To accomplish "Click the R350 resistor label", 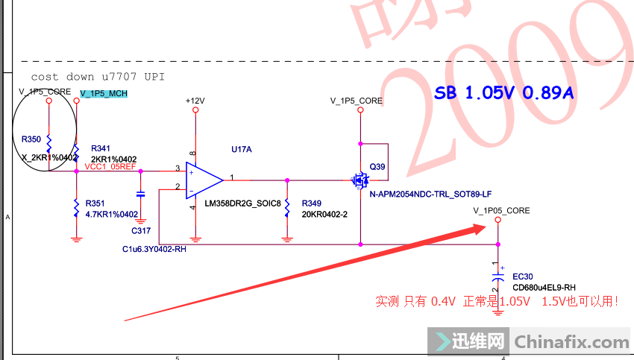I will coord(31,139).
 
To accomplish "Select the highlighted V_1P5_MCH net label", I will coord(104,93).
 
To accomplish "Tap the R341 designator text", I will coord(101,149).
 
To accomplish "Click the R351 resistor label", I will coord(95,203).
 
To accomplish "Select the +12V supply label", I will coord(195,100).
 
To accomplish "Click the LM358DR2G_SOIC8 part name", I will coord(242,203).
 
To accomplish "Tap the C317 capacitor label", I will coord(140,231).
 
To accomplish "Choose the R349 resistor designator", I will coord(312,203).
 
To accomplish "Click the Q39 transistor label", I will coord(377,167).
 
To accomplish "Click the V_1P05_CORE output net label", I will coord(501,211).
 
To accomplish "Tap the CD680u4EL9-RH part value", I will coord(544,287).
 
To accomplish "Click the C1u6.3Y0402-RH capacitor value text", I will coord(155,249).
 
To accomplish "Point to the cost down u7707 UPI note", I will coord(98,77).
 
